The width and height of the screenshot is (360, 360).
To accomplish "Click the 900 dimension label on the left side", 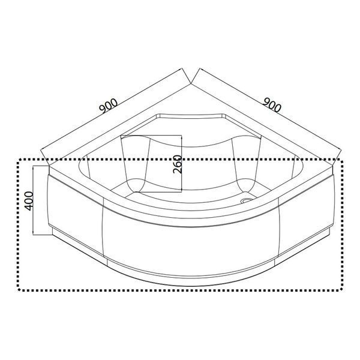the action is coord(109,106).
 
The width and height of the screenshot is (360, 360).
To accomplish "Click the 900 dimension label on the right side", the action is coord(272,105).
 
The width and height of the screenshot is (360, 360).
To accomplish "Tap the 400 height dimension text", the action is coord(29,201).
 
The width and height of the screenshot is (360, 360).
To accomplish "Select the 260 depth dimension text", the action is coord(178,164).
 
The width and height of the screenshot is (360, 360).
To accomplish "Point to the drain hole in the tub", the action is coord(246,200).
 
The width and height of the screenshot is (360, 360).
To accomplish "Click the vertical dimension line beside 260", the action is coord(182,163).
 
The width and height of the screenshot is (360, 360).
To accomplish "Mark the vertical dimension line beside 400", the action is coord(34,200).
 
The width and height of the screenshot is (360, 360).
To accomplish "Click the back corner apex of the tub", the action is coord(191,83).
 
